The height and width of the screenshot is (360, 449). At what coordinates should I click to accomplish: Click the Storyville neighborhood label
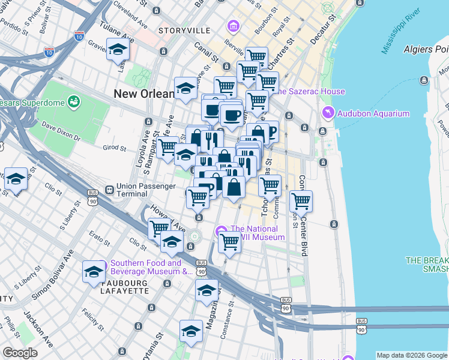coord(184,31)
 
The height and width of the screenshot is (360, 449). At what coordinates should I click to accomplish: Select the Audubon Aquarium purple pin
coord(328,112)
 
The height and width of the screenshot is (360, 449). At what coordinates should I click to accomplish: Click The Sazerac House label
coord(309,92)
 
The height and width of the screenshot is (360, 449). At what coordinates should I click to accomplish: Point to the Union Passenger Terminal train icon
coord(109,189)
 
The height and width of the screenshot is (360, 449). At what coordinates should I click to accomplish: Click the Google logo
coord(20,353)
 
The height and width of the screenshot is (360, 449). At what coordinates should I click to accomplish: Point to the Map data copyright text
coord(411,355)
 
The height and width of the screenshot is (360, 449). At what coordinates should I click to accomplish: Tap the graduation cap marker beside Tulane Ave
coord(118,50)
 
